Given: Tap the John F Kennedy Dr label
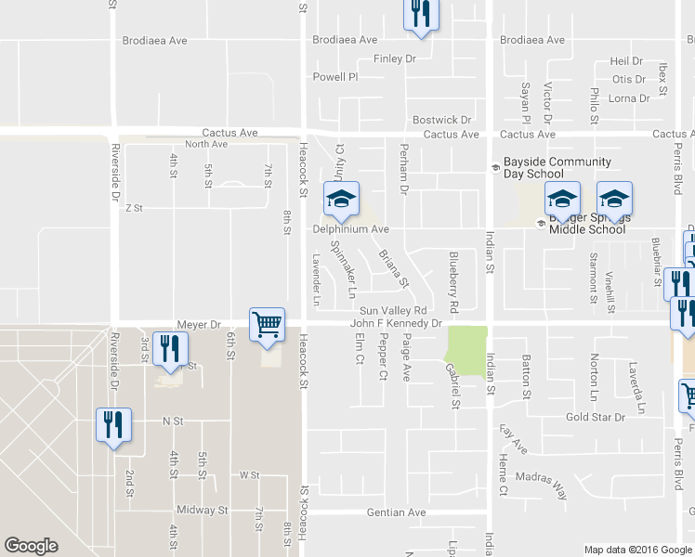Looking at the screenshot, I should [395, 324].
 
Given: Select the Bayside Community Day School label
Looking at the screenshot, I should [545, 167].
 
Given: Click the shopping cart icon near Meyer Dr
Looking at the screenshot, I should [268, 325].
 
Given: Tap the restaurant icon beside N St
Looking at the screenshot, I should [113, 425].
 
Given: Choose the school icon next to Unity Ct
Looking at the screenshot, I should [341, 198].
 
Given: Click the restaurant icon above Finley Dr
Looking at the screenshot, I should [420, 14].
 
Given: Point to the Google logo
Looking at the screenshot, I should [31, 546].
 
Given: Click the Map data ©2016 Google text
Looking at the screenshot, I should [637, 550].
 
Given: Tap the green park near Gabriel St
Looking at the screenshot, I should [466, 345].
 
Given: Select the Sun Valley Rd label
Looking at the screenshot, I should [392, 310].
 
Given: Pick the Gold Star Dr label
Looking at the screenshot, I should [596, 418].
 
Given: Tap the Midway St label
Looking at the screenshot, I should [203, 511].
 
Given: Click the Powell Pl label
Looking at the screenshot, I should [334, 77].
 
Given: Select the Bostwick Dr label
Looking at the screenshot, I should [442, 121].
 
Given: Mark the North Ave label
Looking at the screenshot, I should [205, 144].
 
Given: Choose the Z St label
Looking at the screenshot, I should [133, 209].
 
